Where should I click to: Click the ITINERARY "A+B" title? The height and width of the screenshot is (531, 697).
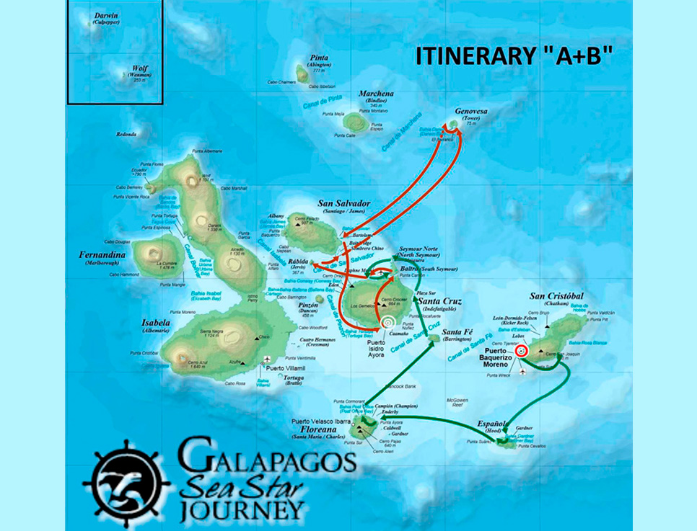click(x=509, y=57)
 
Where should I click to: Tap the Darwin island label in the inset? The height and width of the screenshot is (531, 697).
click(x=107, y=14)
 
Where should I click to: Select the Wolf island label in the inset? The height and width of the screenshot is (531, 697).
click(x=139, y=68)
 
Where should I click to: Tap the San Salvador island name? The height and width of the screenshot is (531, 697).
click(x=343, y=204)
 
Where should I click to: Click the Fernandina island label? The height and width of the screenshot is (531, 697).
click(x=102, y=255)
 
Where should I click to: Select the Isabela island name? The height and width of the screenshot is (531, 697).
click(x=157, y=323)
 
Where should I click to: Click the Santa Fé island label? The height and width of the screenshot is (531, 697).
click(x=457, y=331)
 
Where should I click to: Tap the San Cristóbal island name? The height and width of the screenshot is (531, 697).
click(x=556, y=296)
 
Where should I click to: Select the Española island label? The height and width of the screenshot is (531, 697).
click(x=494, y=424)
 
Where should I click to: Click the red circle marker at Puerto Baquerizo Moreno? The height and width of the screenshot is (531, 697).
click(x=522, y=351)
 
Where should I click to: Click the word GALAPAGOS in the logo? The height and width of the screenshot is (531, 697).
click(x=266, y=460)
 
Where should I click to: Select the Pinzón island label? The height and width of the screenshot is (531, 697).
click(x=307, y=307)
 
